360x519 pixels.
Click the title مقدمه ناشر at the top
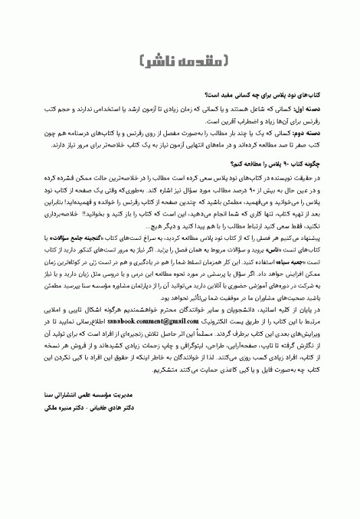pos(180,60)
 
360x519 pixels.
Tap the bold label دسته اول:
pos(325,108)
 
